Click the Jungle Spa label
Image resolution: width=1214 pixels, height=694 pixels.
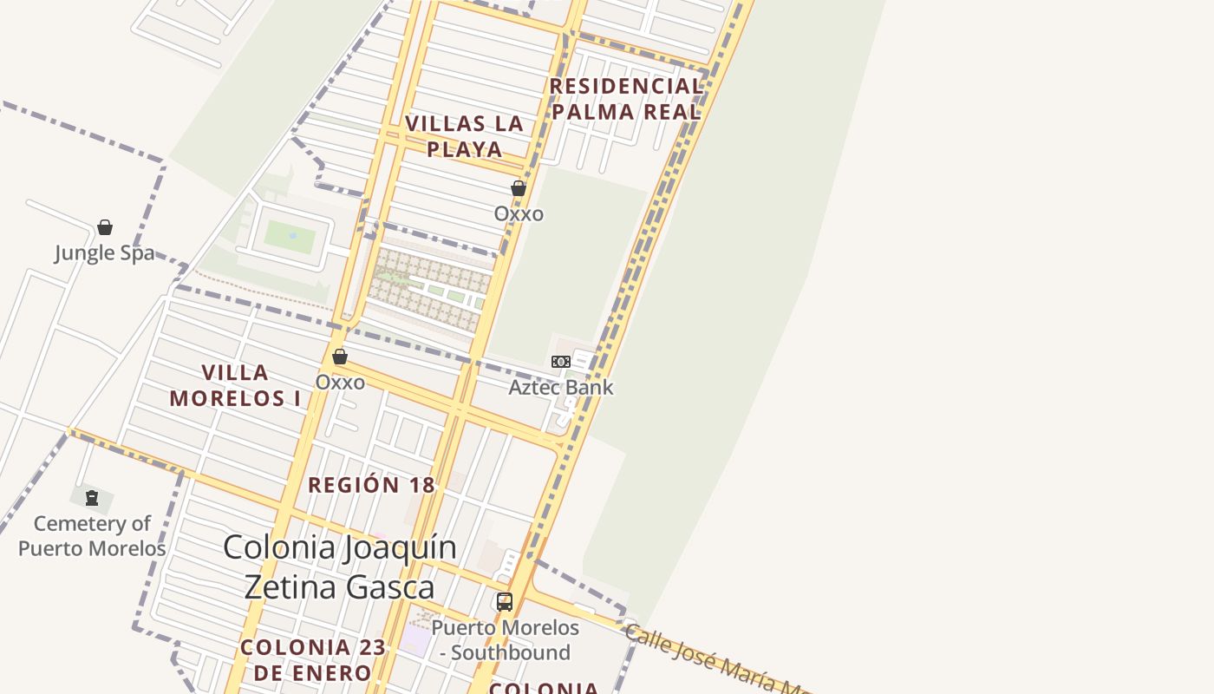point(105,252)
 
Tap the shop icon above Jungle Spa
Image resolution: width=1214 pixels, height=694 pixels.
point(105,227)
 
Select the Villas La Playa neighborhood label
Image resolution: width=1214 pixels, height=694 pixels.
point(465,136)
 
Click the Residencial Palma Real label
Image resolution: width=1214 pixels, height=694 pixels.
point(625,99)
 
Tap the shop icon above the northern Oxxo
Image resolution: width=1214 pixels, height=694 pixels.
point(519,188)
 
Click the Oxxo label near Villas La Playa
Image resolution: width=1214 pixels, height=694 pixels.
point(519,213)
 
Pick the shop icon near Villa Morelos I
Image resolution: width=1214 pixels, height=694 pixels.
point(340,357)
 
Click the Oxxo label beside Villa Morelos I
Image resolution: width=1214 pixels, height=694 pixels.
point(340,382)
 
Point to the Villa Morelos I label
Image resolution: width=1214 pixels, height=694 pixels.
point(235,385)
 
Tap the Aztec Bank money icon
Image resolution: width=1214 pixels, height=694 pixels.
point(561,362)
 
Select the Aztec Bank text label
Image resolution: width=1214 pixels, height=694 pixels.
point(561,387)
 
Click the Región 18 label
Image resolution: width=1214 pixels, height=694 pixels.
point(371,485)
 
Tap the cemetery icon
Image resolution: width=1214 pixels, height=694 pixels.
point(92,498)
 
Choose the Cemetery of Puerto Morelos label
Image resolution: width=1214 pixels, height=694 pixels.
point(92,536)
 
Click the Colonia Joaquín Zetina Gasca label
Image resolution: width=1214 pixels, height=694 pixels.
point(340,567)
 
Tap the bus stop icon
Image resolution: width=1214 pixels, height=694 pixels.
point(504,601)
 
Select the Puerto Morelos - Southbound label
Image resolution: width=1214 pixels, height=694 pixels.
point(505,639)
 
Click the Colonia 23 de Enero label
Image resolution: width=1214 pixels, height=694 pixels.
point(306,659)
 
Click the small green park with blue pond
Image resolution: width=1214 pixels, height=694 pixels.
point(290,236)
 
